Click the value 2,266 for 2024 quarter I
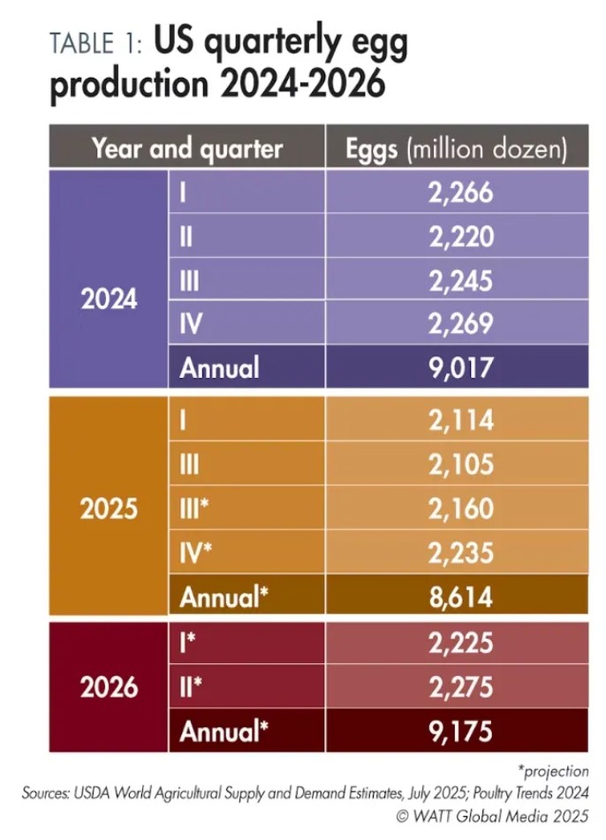click(459, 193)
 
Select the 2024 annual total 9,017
click(459, 367)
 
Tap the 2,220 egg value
click(459, 237)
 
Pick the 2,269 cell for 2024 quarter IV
click(459, 323)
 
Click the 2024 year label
click(110, 299)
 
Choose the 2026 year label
click(110, 687)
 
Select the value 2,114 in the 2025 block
click(459, 422)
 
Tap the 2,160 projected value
click(459, 510)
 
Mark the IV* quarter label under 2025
click(196, 553)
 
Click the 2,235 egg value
click(459, 553)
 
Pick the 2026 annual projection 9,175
click(459, 731)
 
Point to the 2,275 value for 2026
click(459, 687)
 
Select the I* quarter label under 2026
click(187, 644)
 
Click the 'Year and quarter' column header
click(187, 148)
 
